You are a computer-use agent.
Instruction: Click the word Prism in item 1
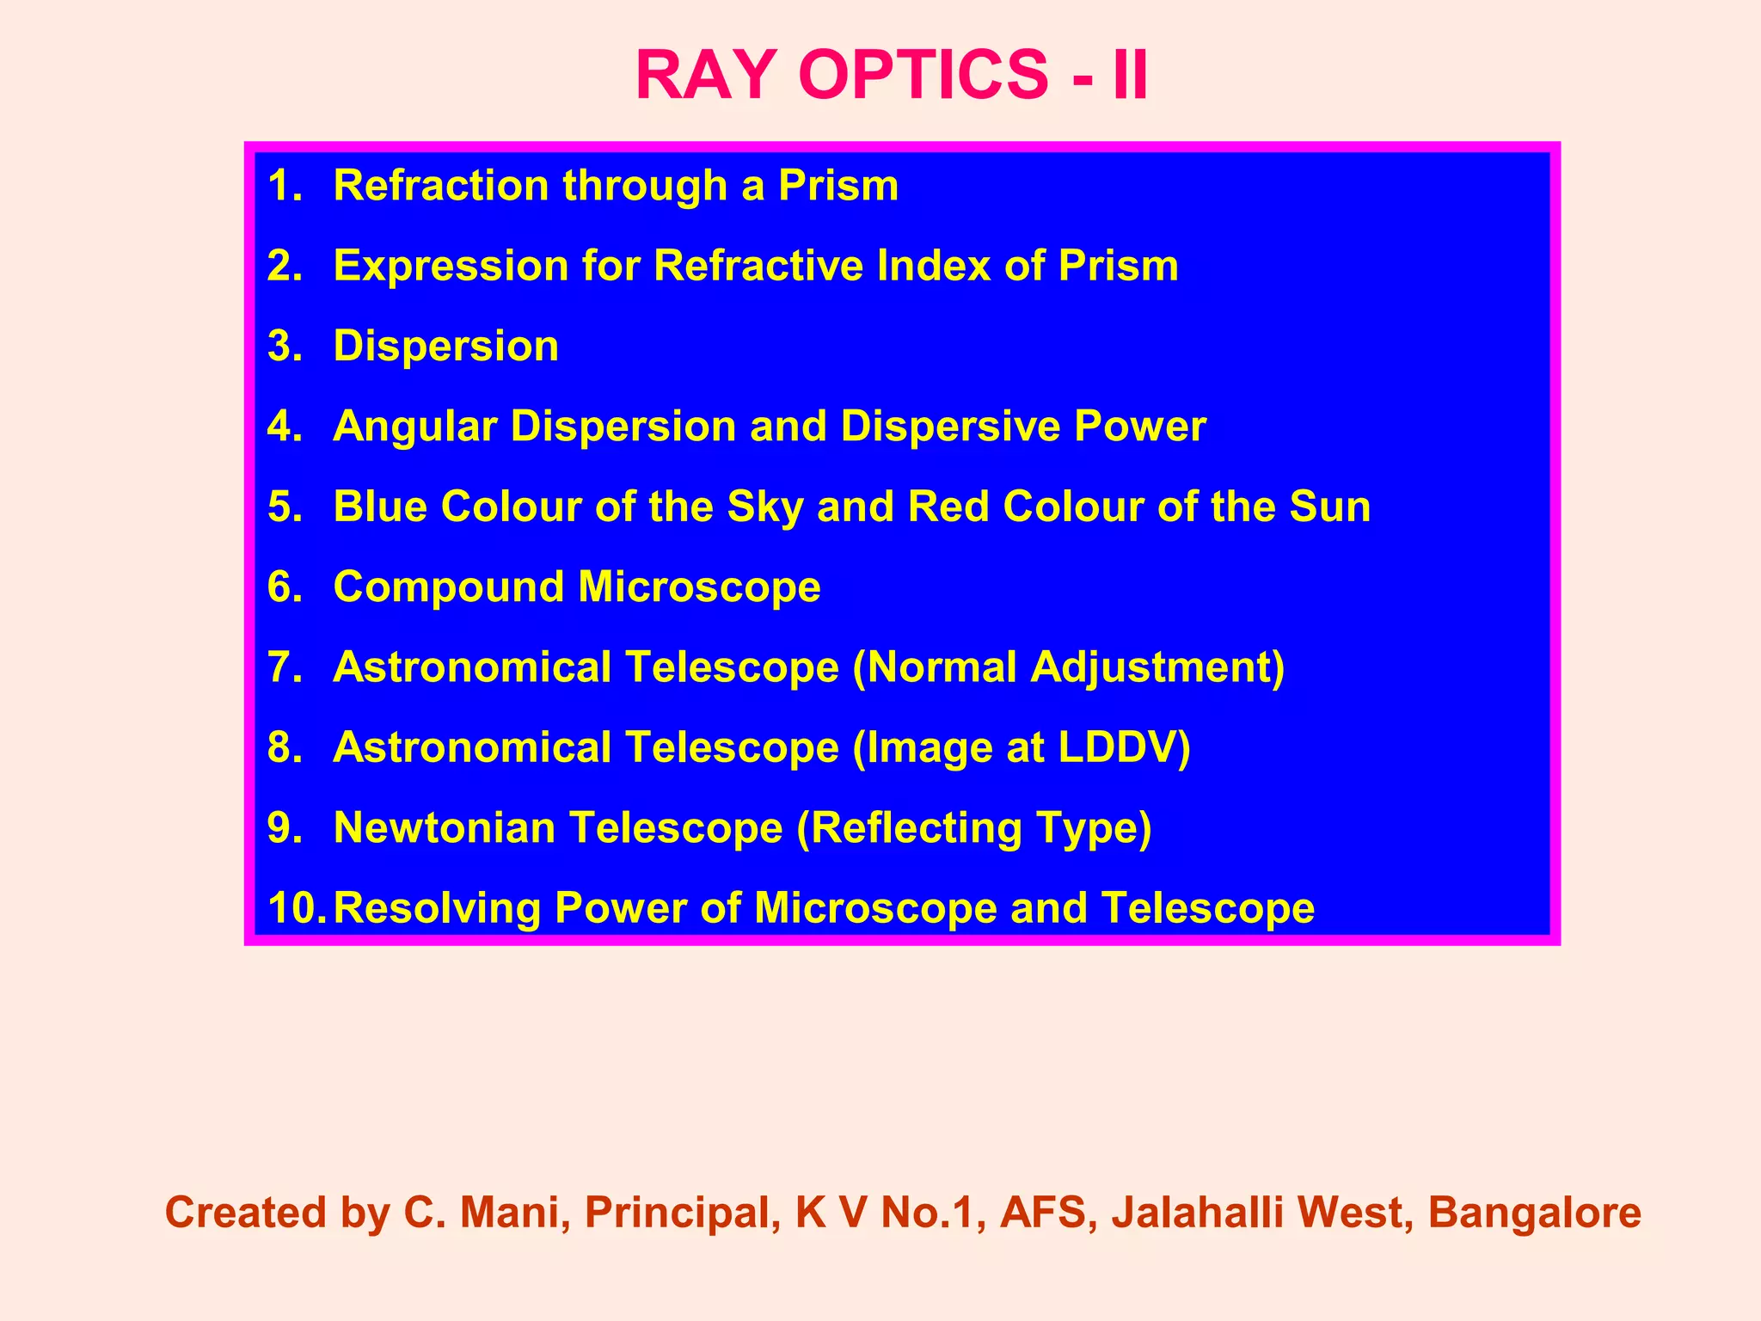[838, 186]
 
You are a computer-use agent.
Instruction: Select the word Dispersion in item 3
[445, 347]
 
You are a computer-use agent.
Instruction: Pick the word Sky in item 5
[765, 507]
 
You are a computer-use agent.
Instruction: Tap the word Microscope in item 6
[699, 587]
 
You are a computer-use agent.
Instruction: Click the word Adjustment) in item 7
[1157, 667]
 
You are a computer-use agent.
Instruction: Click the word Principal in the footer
[676, 1213]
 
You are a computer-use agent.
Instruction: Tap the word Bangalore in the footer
[1534, 1213]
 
